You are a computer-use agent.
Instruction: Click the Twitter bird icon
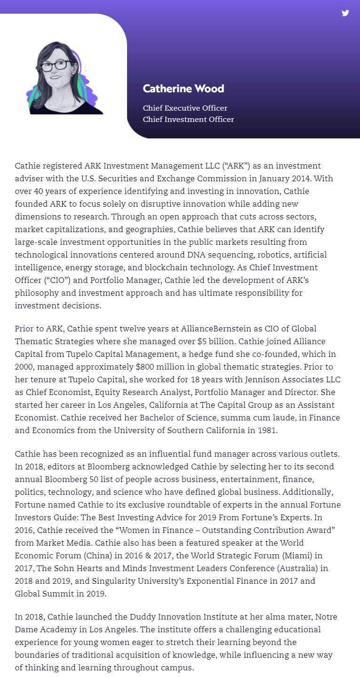(x=345, y=13)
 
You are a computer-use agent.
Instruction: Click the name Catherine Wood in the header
(x=183, y=89)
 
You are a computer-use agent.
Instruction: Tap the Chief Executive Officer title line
(x=185, y=108)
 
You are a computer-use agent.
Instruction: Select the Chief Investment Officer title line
(x=188, y=120)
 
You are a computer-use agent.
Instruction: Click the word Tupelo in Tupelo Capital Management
(x=120, y=354)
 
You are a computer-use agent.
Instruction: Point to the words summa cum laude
(x=231, y=418)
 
